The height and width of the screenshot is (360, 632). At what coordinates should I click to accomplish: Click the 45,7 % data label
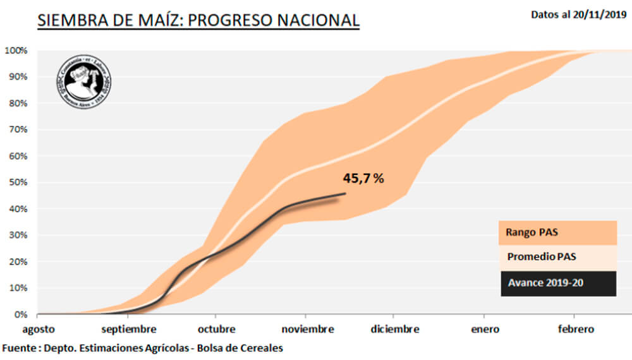[363, 179]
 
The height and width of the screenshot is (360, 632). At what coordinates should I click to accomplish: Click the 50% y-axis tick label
[17, 183]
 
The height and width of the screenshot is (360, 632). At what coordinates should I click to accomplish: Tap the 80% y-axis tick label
[17, 103]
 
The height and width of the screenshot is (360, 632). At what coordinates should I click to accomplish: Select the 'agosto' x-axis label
[39, 330]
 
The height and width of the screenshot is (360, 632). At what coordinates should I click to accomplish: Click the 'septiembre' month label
[128, 330]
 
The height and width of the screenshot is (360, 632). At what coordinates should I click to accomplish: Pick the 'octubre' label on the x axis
[216, 330]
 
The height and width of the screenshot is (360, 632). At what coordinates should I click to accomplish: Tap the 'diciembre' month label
[394, 330]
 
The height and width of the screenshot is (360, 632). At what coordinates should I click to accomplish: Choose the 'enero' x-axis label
[484, 330]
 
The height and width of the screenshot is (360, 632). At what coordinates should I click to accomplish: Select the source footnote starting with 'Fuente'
[142, 348]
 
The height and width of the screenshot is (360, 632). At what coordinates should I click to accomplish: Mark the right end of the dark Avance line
[345, 193]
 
